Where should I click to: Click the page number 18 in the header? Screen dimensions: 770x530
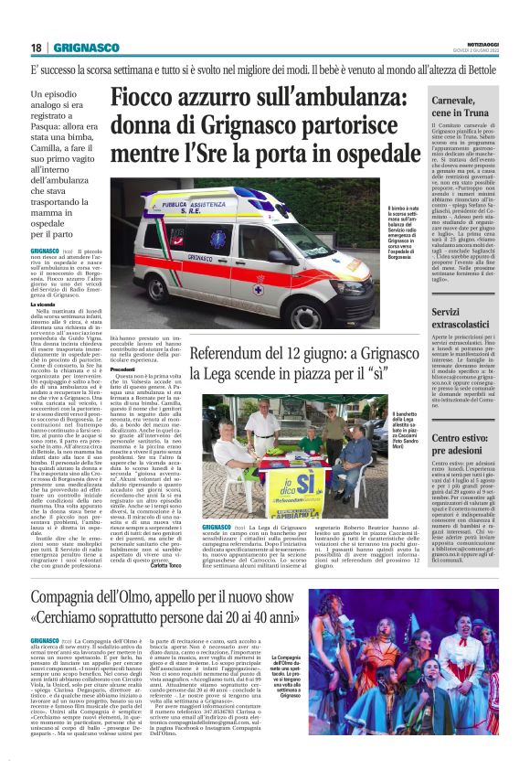(x=35, y=48)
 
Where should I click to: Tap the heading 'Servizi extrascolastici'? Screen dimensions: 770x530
(x=449, y=318)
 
